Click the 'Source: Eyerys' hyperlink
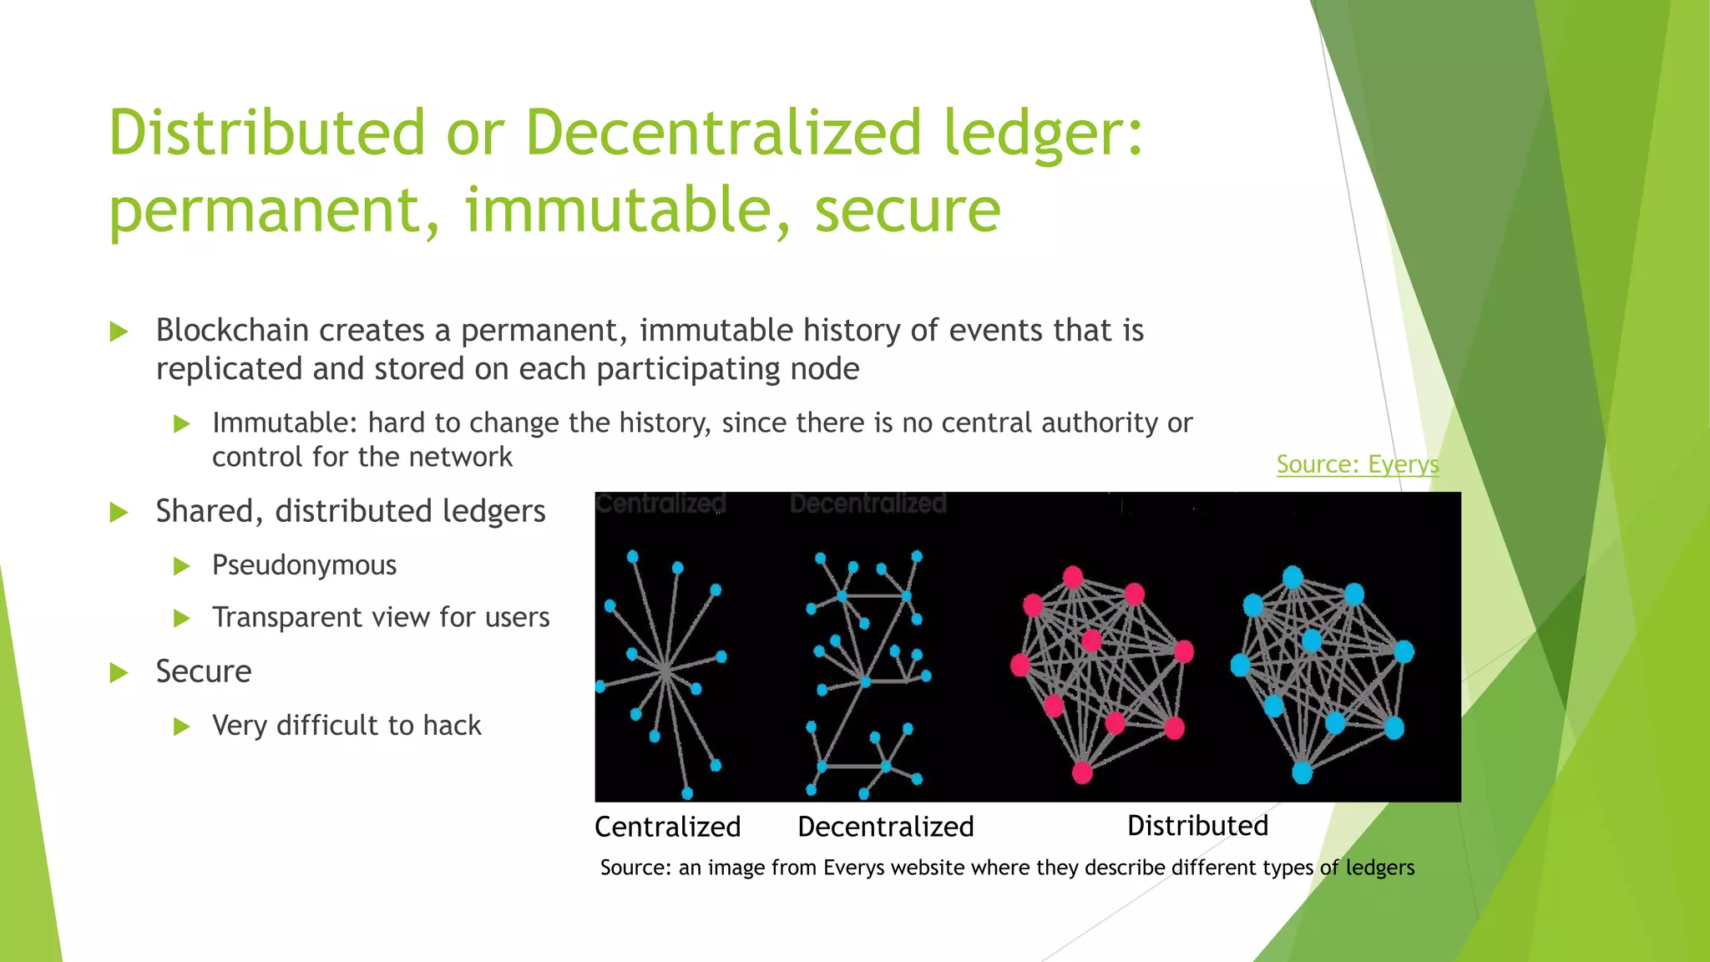tap(1357, 464)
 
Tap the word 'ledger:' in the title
tap(1043, 133)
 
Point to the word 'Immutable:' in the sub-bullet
tap(284, 423)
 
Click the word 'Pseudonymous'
tap(304, 565)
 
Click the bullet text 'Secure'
tap(204, 671)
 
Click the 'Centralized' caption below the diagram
tap(667, 827)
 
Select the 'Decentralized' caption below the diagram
tap(886, 827)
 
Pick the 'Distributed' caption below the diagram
tap(1197, 826)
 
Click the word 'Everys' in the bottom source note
tap(853, 868)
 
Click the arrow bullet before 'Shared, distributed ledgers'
tap(119, 512)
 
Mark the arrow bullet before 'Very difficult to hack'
tap(181, 727)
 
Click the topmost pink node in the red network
tap(1073, 577)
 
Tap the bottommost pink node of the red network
tap(1082, 772)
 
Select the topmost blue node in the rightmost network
tap(1293, 577)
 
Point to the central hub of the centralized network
tap(665, 670)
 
